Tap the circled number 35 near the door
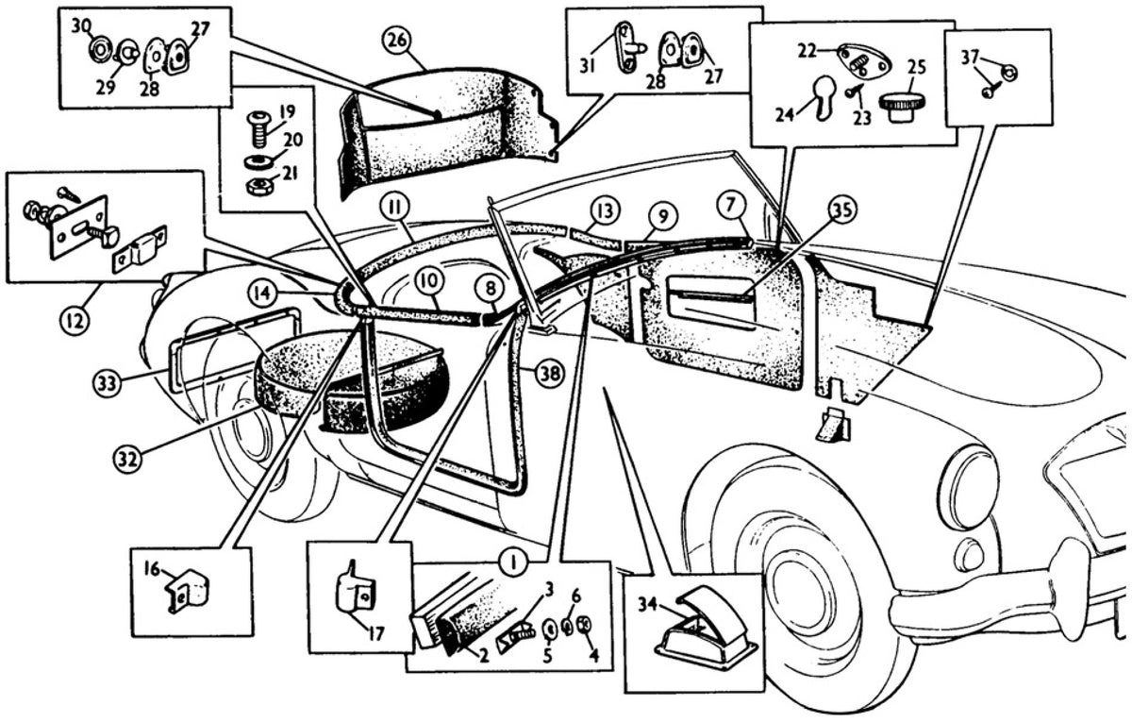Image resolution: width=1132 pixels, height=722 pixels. (841, 210)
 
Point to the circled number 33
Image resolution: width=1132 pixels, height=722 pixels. (108, 383)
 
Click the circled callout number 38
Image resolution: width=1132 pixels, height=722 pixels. (550, 374)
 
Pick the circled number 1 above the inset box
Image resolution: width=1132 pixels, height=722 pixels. (513, 562)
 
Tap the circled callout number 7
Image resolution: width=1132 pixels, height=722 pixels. (732, 207)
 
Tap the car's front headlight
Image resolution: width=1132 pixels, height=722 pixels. (967, 483)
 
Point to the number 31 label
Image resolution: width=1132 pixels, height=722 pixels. (587, 66)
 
